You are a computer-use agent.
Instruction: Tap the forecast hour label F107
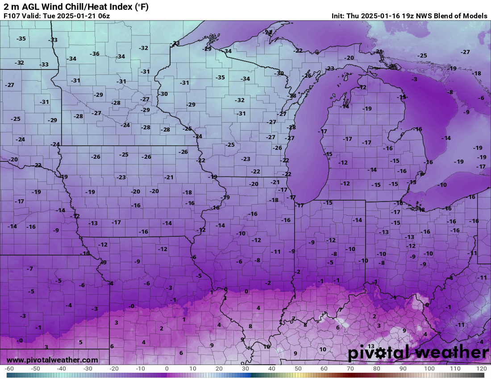12,16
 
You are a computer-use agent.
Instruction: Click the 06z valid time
103,16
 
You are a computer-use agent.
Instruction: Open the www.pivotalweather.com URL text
52,360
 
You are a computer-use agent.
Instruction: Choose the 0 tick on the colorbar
167,369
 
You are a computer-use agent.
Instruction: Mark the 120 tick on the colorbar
481,369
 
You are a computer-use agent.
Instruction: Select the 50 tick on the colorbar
298,369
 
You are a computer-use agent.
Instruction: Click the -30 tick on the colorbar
88,369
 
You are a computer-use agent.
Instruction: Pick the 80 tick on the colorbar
377,369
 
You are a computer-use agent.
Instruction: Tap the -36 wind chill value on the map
95,54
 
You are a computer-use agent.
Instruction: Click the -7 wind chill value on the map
30,269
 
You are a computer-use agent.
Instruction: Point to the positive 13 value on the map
370,346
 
